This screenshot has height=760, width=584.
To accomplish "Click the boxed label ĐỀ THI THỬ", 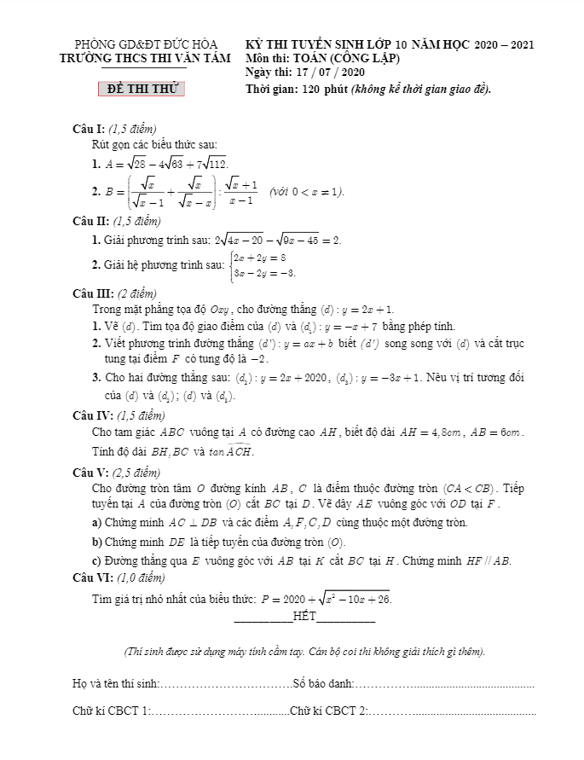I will click(x=142, y=89).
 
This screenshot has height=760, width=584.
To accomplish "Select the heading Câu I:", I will click(x=89, y=129).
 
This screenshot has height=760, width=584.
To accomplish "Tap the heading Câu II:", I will click(x=90, y=221).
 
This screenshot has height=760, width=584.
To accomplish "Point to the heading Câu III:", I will click(x=92, y=293).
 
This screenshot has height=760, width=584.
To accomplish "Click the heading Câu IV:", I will click(x=92, y=415).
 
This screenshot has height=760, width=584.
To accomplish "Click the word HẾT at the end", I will click(x=304, y=616).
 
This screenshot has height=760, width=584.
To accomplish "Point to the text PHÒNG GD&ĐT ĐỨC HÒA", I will click(x=146, y=44).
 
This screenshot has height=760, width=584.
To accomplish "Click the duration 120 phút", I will click(x=315, y=89).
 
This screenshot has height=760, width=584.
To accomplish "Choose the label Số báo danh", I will click(x=322, y=683).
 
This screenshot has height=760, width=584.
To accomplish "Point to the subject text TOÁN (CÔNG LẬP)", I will click(x=351, y=58).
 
